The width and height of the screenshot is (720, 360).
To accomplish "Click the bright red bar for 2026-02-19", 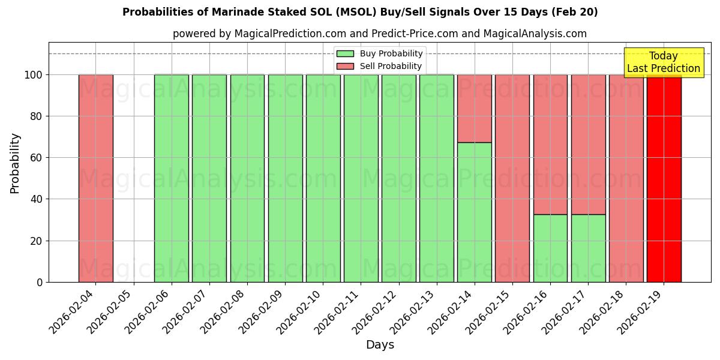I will [x=664, y=180].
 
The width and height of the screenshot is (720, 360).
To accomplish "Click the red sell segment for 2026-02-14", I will [x=475, y=109].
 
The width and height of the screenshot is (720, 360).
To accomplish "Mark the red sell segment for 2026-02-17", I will [x=588, y=145].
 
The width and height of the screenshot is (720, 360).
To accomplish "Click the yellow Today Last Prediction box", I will [x=664, y=62].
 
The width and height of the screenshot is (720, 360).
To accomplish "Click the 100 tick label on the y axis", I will [x=33, y=75].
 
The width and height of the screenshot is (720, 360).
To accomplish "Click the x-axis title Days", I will [x=380, y=345].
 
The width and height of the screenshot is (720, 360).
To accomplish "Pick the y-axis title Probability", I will [x=15, y=163].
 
